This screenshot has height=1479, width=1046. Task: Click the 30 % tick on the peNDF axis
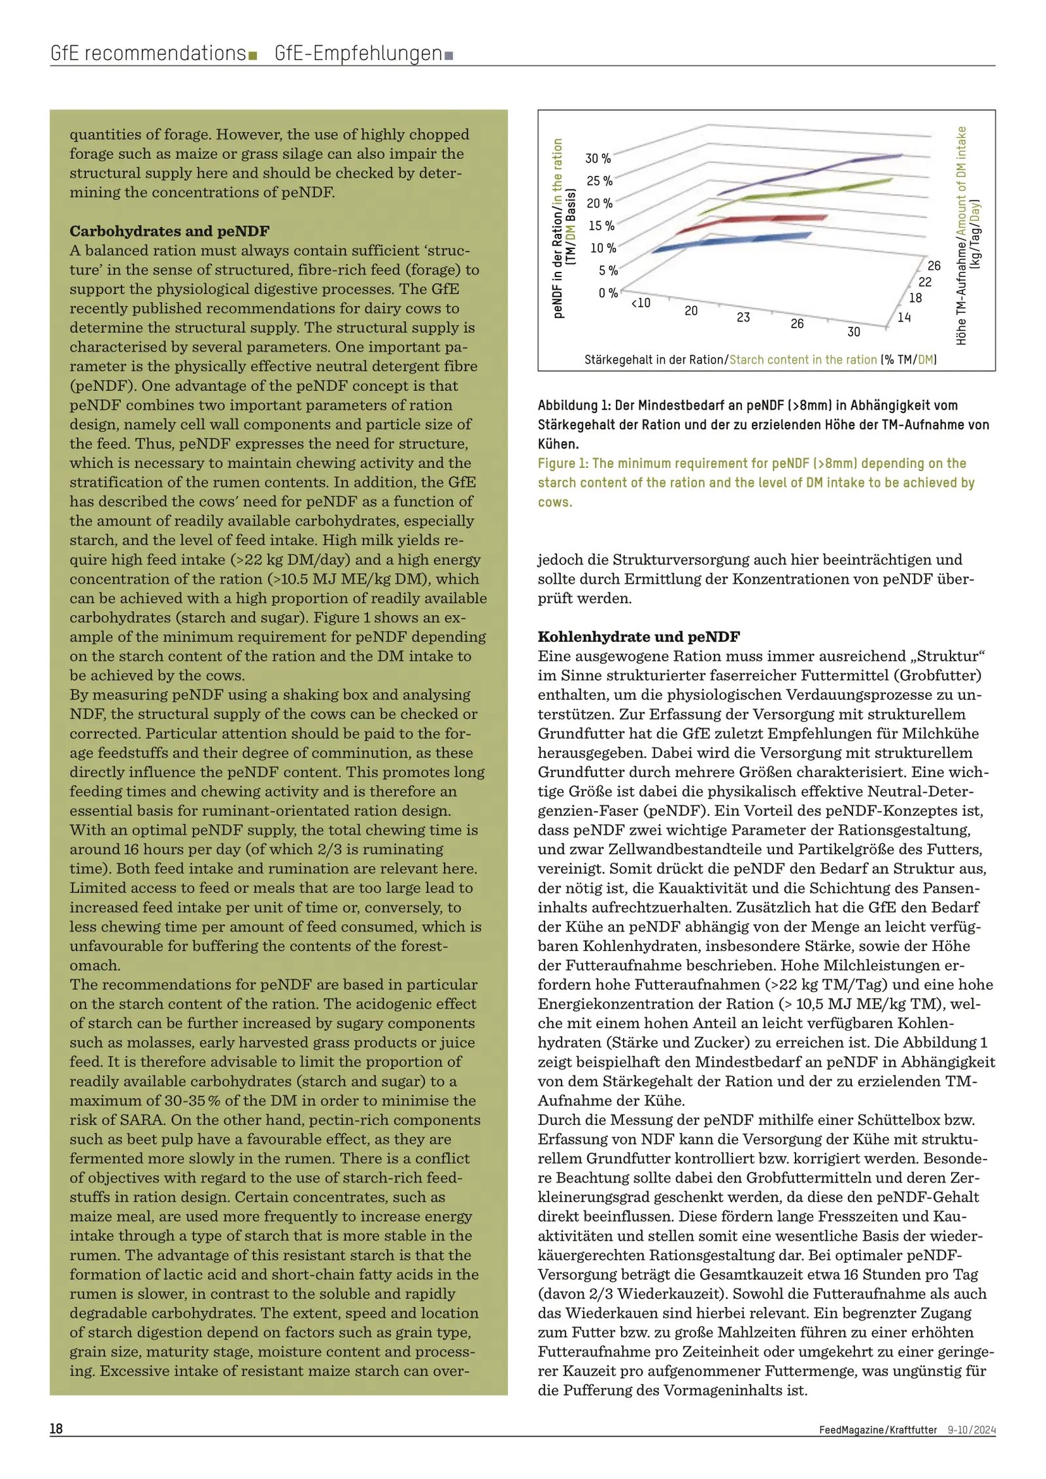[x=598, y=159]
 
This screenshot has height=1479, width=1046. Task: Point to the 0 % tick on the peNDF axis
[x=608, y=293]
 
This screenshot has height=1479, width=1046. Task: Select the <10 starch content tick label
[x=641, y=303]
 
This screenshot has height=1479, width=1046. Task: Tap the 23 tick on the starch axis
[x=743, y=318]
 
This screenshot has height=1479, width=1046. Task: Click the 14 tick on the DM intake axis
[x=904, y=318]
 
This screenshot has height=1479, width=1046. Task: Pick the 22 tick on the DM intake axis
[x=925, y=282]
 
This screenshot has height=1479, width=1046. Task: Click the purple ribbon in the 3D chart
[x=811, y=173]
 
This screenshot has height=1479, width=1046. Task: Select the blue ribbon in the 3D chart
[x=732, y=241]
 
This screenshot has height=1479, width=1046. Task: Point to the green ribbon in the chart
[x=798, y=193]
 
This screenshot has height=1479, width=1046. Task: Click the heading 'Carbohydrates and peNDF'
[x=169, y=231]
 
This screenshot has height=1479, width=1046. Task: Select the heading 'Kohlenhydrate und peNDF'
[x=638, y=637]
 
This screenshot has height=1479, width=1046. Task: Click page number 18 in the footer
[x=56, y=1429]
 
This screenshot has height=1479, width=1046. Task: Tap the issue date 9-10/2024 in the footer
[x=971, y=1429]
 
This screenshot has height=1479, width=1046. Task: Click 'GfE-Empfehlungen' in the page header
[x=358, y=53]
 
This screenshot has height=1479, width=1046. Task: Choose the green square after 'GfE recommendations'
[x=252, y=56]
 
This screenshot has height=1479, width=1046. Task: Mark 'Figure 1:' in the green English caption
[x=563, y=463]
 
